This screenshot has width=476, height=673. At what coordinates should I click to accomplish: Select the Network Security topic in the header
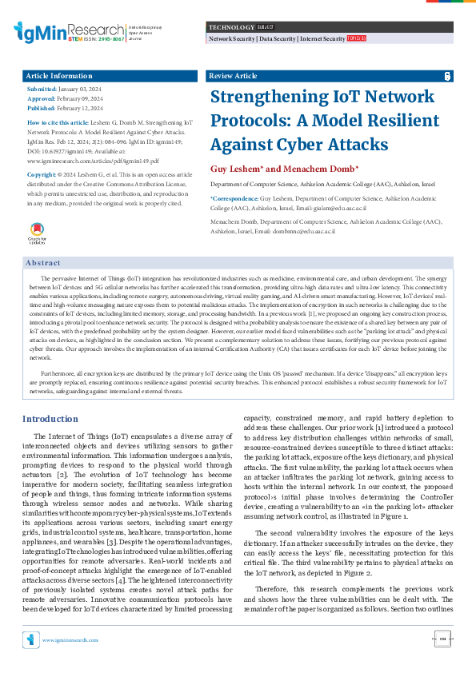coord(231,38)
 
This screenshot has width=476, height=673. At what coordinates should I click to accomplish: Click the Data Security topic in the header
coord(277,38)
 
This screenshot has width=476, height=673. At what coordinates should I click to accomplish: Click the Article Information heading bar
coord(110,76)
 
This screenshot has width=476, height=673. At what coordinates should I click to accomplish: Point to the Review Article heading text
coord(232,76)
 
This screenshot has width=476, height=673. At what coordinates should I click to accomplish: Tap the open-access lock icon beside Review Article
coord(447,76)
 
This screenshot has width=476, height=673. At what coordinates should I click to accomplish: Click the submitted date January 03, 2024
coord(81,90)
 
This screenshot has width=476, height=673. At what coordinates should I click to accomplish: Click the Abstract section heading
coord(43,262)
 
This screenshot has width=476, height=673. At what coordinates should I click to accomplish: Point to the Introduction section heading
coord(50,419)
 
